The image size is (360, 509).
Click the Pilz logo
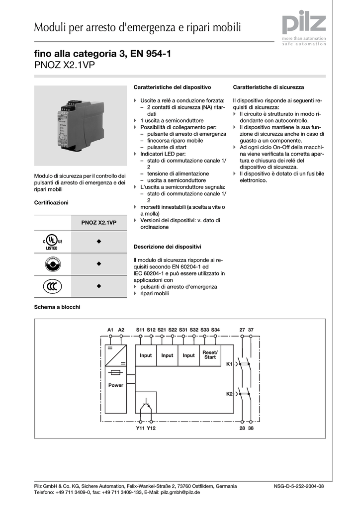point(304,25)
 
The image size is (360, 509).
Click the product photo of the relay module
point(81,125)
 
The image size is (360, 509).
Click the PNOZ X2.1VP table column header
point(98,223)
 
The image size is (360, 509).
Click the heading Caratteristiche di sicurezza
point(268,87)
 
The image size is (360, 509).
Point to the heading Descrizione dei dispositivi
point(167,247)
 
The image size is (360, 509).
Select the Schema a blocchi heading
point(57,307)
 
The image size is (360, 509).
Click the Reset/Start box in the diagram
point(210,355)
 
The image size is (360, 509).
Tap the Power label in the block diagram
point(115,385)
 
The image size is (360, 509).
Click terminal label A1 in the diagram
point(110,330)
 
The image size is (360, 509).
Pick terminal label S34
point(215,330)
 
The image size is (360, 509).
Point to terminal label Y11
point(140,428)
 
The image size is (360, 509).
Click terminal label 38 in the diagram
point(251,428)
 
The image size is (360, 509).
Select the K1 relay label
point(229,364)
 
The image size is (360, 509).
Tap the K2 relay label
point(229,394)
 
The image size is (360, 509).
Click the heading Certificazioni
point(51,202)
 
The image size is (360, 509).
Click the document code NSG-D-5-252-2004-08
point(299,486)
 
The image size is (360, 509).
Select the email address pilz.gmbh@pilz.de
point(180,492)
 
